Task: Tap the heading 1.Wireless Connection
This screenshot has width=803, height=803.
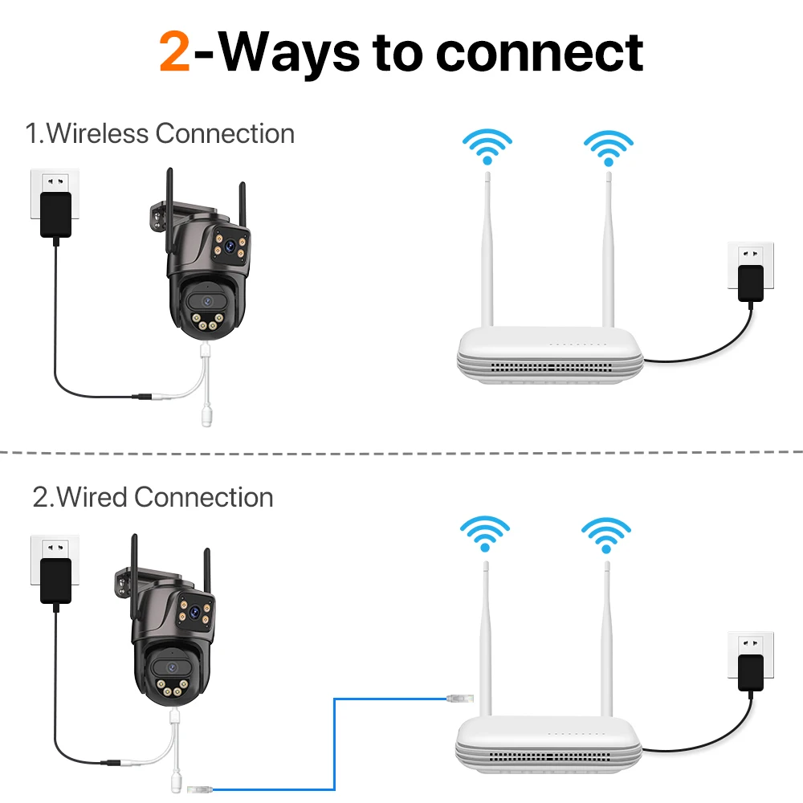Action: [x=160, y=132]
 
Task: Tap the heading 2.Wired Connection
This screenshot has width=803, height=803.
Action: [x=153, y=497]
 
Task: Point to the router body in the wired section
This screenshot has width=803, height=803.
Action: [x=551, y=742]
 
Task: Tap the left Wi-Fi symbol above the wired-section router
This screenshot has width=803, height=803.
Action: [x=484, y=534]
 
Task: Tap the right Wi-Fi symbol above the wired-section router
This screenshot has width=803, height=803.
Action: [x=605, y=534]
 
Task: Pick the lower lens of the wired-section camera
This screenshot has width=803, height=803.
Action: [x=171, y=666]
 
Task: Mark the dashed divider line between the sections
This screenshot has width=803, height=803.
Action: [x=401, y=452]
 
